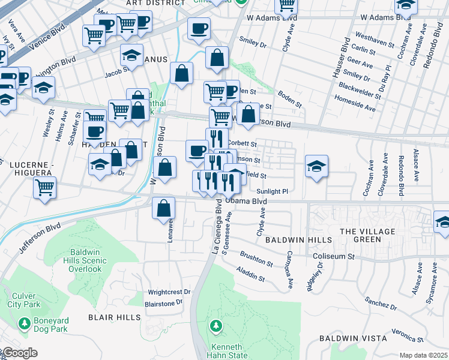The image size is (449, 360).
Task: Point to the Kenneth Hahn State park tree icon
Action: tap(216, 326)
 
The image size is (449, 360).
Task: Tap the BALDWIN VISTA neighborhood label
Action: tap(352, 338)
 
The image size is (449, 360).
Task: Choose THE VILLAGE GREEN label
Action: tap(368, 235)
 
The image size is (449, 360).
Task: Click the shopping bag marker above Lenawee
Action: tap(164, 209)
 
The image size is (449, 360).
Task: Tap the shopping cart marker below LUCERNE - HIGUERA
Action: tap(44, 188)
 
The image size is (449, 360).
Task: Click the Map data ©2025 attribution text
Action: tap(423, 355)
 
